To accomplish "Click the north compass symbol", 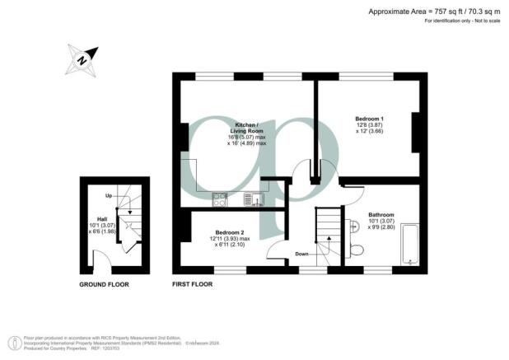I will [x=80, y=58].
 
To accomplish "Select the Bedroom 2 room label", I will [x=225, y=232].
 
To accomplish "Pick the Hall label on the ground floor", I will [x=102, y=219].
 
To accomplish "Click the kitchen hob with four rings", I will [x=220, y=198].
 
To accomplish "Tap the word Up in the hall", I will [x=109, y=196].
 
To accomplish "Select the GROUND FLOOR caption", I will [x=104, y=284].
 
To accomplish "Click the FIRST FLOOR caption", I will [x=192, y=284].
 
